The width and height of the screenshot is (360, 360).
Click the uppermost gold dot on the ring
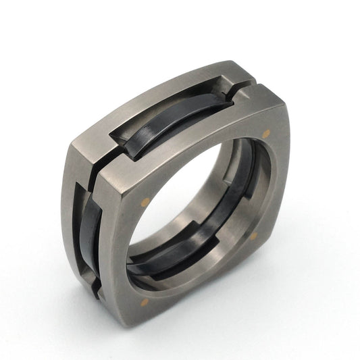(x=265, y=133)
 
